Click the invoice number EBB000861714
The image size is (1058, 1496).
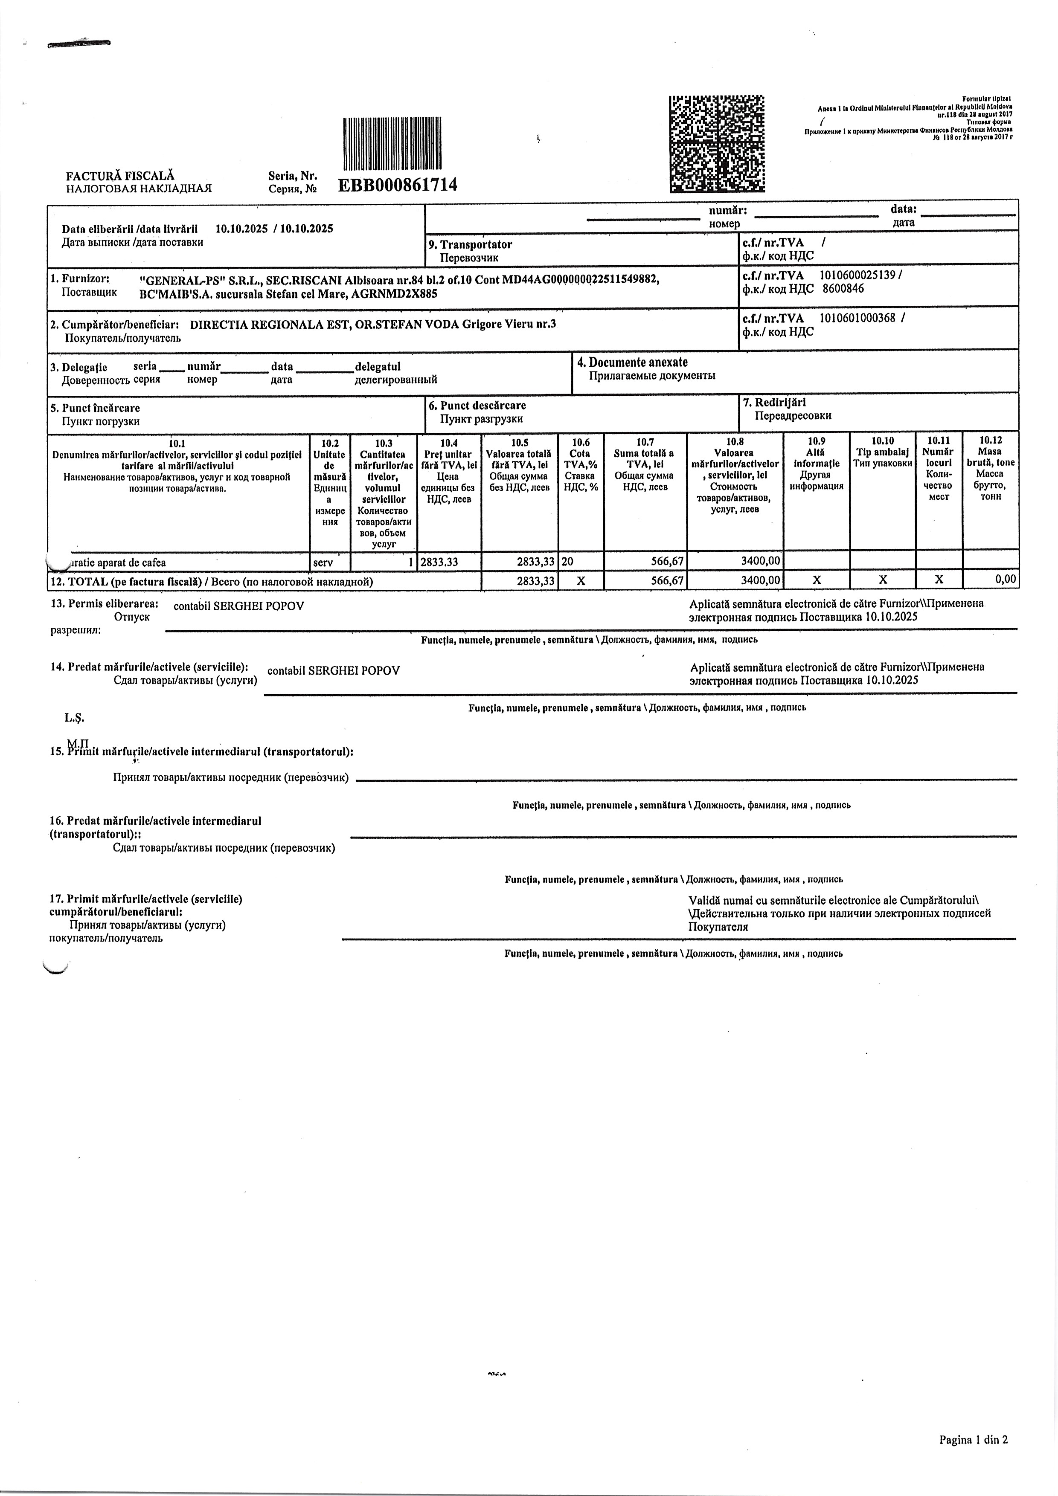coord(397,185)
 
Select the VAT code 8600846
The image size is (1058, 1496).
coord(843,289)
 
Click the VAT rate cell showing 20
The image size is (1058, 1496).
coord(568,562)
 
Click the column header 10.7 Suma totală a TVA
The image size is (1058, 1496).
coord(645,464)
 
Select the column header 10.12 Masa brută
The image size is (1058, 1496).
coord(990,469)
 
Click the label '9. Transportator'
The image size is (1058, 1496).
coord(470,245)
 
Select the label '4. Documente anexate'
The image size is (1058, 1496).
coord(632,362)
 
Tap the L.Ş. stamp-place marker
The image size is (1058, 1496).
coord(74,718)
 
